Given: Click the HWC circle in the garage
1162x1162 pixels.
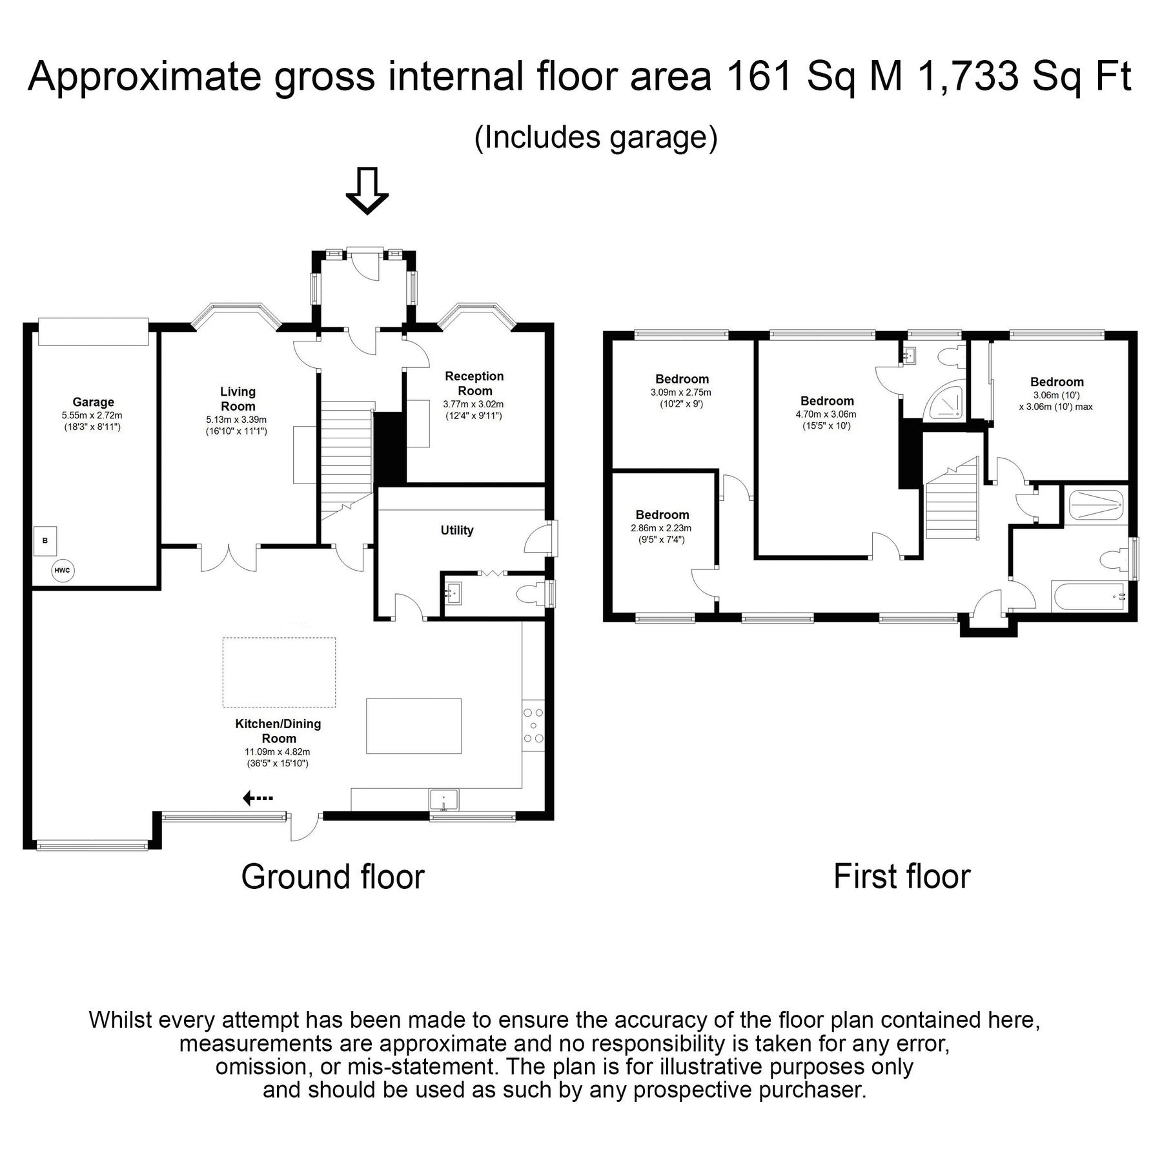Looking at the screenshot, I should point(63,570).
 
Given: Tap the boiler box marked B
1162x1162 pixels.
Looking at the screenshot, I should point(45,540).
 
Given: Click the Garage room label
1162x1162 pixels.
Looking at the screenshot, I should point(93,402).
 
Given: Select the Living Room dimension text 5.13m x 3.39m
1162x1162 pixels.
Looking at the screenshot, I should point(237,420).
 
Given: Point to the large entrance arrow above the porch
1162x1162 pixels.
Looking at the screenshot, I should point(367,190).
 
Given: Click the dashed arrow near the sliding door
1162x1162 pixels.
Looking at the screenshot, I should point(258,799).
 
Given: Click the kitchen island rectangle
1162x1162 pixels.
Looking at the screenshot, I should point(414,726).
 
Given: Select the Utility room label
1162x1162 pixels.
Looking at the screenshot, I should point(457,530).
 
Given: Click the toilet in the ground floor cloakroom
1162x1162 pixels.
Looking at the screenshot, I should point(530,593).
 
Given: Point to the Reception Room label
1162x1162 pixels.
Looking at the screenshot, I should point(474,383).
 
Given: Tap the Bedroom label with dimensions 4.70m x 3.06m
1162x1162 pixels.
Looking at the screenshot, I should point(827,401).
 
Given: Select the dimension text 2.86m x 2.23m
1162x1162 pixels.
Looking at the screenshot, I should point(662,528).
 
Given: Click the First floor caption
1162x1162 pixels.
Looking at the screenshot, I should point(902,877).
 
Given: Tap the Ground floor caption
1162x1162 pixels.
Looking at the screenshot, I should point(333,877).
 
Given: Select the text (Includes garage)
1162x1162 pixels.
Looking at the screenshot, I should point(596,138).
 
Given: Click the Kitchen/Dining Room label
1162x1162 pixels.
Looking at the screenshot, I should point(278,731).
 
